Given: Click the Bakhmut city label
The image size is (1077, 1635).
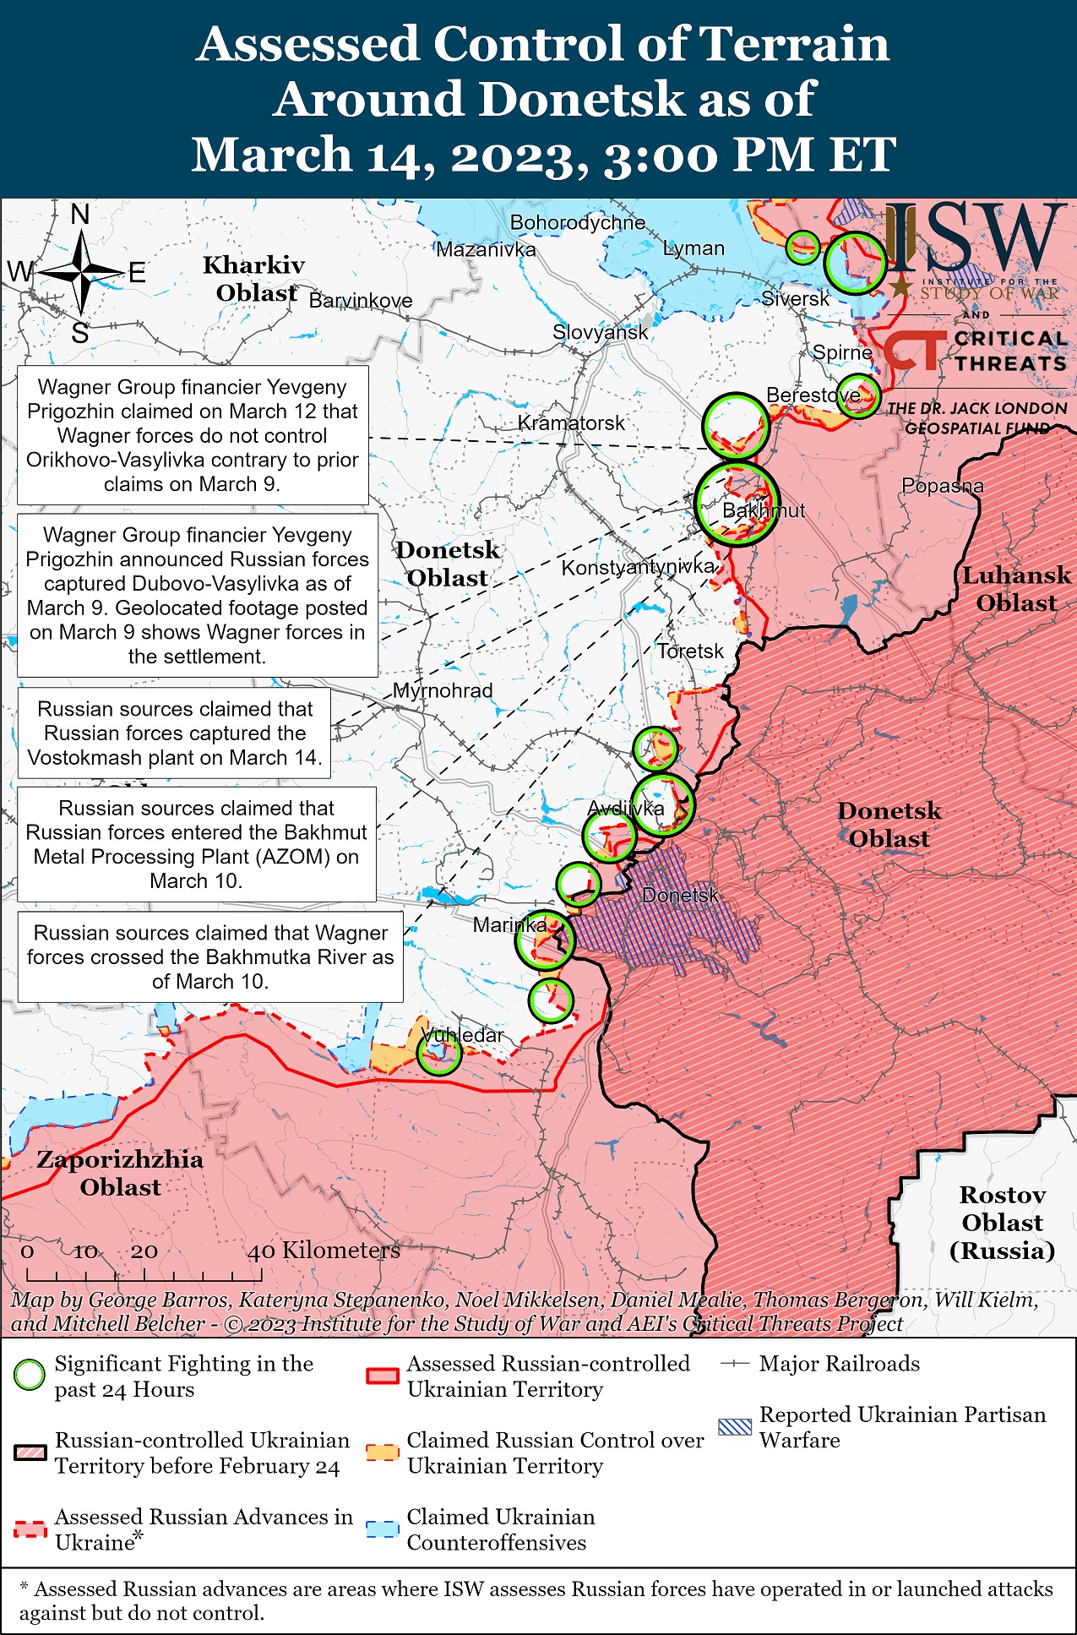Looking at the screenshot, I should (x=764, y=510).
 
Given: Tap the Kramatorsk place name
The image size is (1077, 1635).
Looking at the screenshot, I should (x=571, y=422).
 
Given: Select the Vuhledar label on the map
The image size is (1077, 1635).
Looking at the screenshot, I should (x=462, y=1035).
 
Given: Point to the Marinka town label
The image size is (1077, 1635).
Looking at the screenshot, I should (x=509, y=924).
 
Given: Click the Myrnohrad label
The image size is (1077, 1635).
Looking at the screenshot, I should (x=443, y=690).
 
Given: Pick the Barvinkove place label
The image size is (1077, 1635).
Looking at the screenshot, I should (x=361, y=301).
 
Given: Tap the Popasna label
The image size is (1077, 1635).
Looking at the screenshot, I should (x=943, y=486).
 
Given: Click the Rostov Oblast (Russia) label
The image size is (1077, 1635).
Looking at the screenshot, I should (x=1002, y=1222).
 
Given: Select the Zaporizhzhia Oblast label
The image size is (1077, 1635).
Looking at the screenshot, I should (x=120, y=1173).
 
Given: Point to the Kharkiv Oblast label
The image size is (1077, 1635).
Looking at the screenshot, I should (x=254, y=279).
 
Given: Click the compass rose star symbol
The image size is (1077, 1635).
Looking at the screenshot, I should (x=82, y=272).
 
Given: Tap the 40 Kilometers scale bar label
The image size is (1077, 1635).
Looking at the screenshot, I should (x=324, y=1251).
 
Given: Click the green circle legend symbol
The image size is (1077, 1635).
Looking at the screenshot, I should (x=30, y=1375).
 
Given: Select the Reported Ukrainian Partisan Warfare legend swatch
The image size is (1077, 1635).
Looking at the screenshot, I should (x=734, y=1427).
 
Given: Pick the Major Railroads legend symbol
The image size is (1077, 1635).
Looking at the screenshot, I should (x=735, y=1364).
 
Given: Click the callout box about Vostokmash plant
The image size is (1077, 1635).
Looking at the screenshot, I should (x=175, y=733).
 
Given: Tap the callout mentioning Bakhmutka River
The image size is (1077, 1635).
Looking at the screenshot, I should (x=210, y=956).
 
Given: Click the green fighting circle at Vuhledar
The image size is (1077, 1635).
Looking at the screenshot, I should (x=438, y=1053).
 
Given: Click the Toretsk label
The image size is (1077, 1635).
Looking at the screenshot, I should (x=690, y=651).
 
